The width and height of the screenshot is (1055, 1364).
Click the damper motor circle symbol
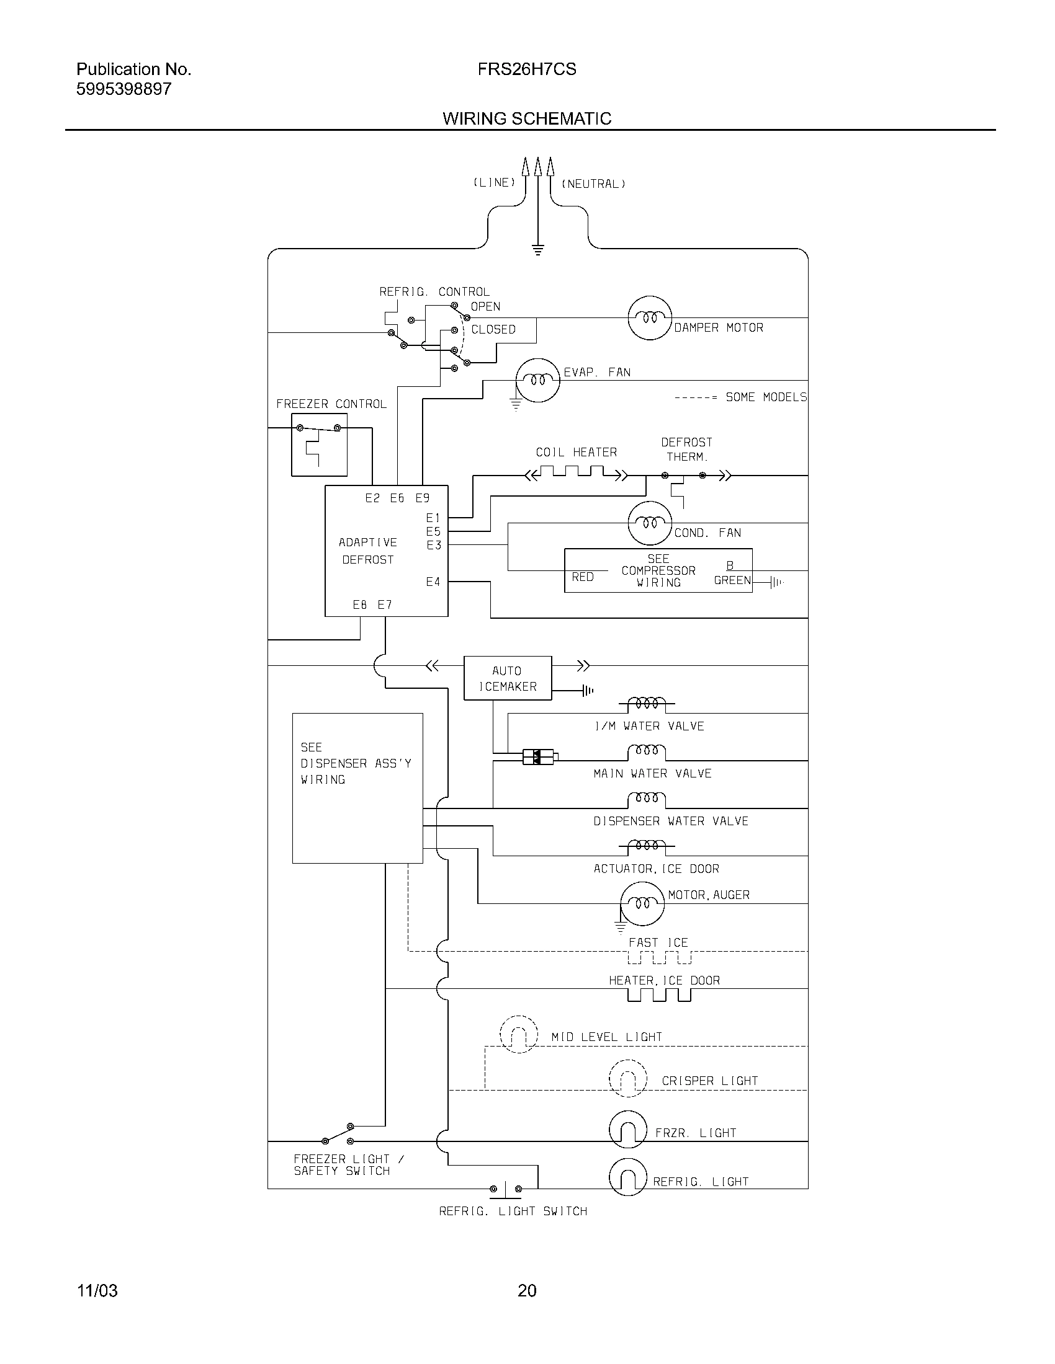pyautogui.click(x=649, y=318)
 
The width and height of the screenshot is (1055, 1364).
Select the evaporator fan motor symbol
pyautogui.click(x=537, y=380)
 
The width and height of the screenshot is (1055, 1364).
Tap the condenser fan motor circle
pyautogui.click(x=649, y=523)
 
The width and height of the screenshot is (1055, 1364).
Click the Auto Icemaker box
pyautogui.click(x=508, y=678)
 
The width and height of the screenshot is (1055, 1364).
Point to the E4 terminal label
pyautogui.click(x=433, y=582)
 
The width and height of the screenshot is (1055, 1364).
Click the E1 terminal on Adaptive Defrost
pyautogui.click(x=433, y=518)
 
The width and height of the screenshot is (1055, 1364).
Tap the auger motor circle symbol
pyautogui.click(x=642, y=904)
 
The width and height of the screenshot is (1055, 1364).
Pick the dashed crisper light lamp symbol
pyautogui.click(x=627, y=1078)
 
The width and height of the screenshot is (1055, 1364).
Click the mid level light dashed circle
pyautogui.click(x=519, y=1035)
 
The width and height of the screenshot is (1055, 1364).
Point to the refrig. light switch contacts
pyautogui.click(x=506, y=1189)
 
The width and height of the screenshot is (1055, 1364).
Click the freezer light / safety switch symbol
pyautogui.click(x=337, y=1133)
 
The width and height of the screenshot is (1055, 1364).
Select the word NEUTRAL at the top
pyautogui.click(x=593, y=184)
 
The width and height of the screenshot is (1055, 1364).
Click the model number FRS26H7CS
pyautogui.click(x=527, y=69)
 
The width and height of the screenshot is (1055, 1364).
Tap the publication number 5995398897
pyautogui.click(x=123, y=89)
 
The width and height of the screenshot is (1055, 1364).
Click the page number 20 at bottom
pyautogui.click(x=527, y=1290)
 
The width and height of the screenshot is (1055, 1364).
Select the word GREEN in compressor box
pyautogui.click(x=732, y=580)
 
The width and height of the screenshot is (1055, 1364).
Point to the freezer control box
pyautogui.click(x=319, y=445)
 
